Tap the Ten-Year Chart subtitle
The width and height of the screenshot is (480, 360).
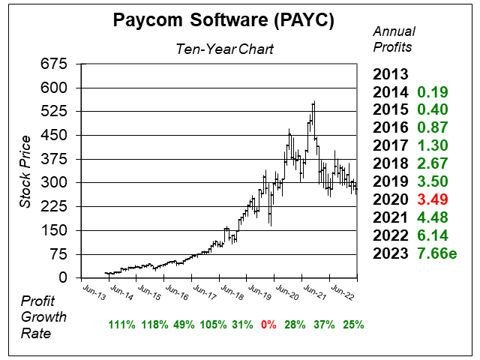[x=225, y=49]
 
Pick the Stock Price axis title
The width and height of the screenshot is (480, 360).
[x=25, y=172]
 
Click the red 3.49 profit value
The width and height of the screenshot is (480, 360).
[x=433, y=199]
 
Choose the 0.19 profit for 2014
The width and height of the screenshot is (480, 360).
[x=433, y=92]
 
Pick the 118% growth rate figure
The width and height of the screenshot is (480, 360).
[x=153, y=325]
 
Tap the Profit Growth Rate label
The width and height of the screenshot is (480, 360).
[x=43, y=316]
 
